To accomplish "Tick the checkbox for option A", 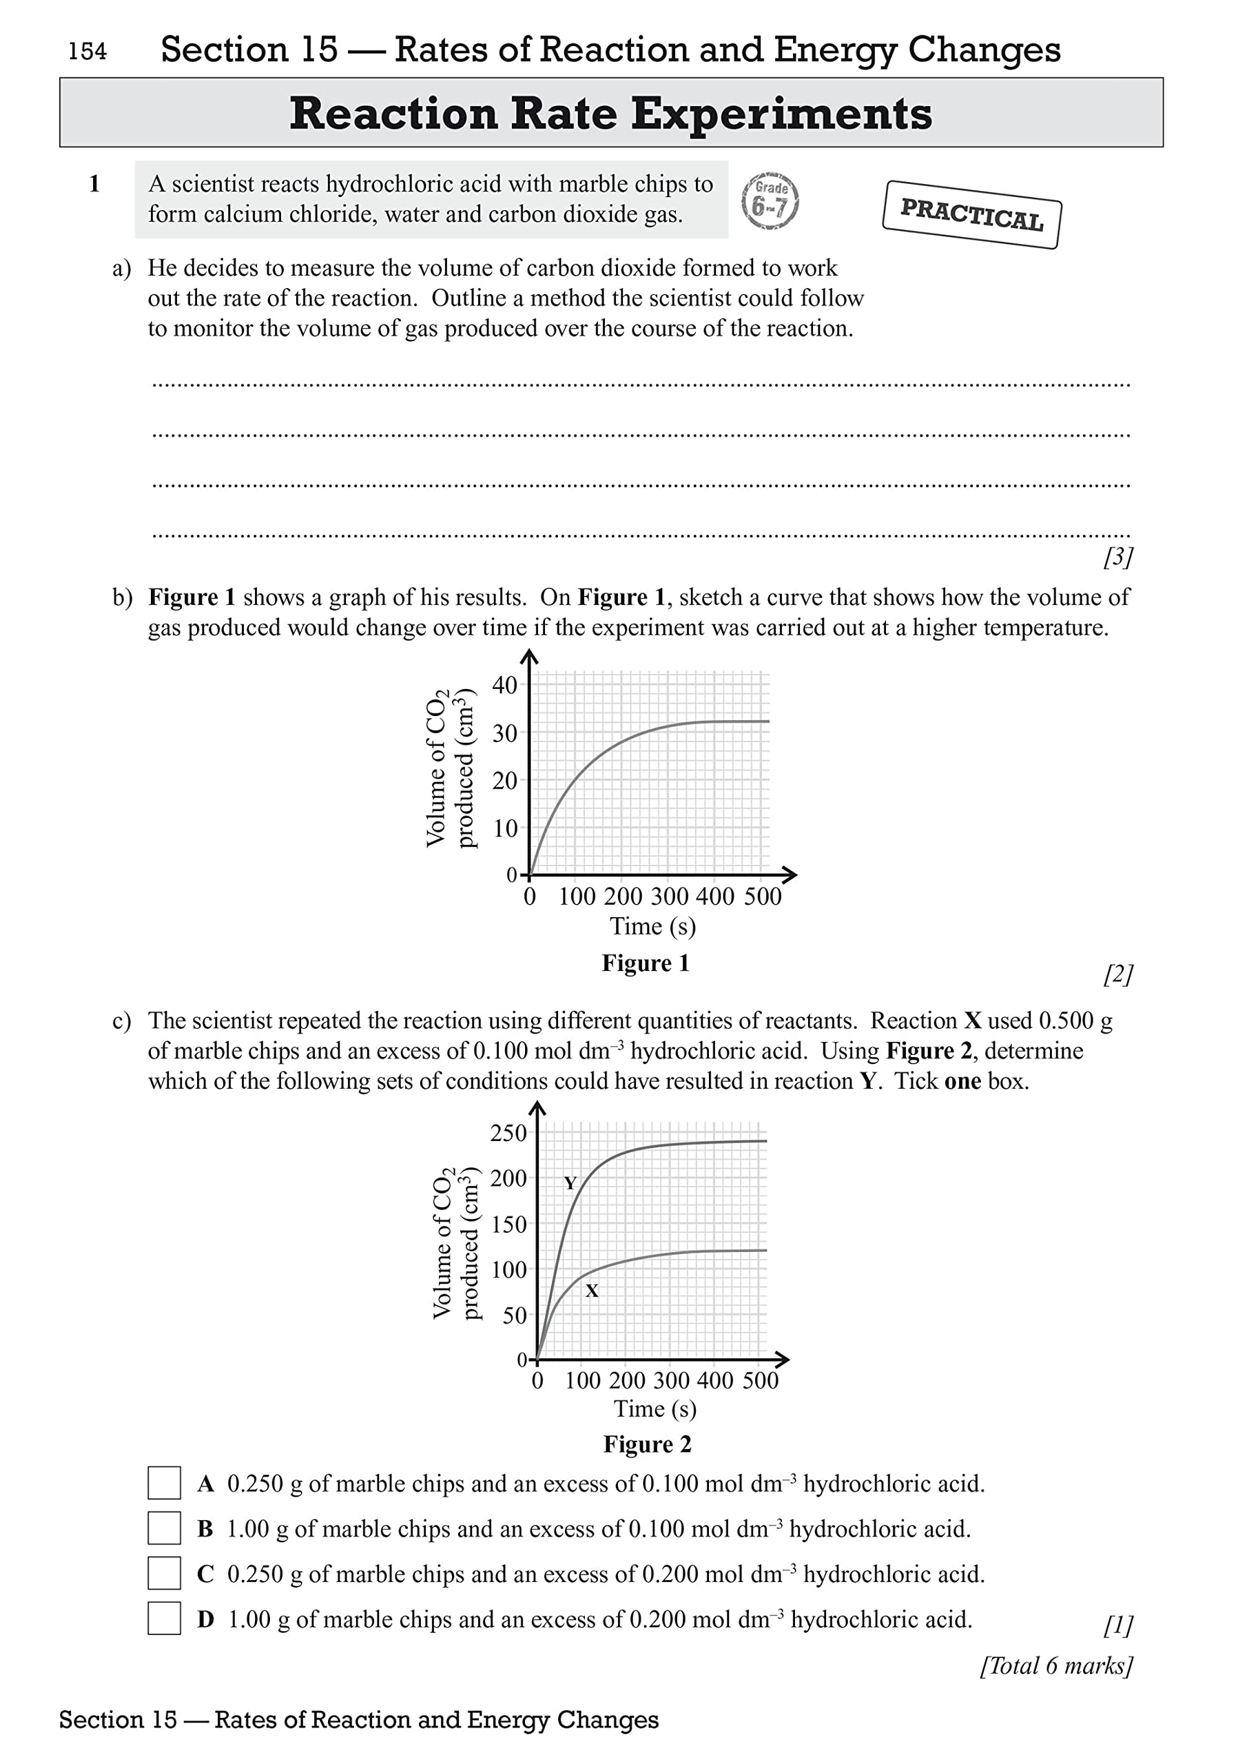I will click(164, 1483).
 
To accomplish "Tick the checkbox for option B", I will click(164, 1528).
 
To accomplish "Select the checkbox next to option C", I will click(164, 1573).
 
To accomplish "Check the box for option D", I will click(164, 1619).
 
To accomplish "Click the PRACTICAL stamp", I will click(972, 214).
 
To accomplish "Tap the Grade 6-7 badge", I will click(770, 201).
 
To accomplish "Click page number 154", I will click(87, 52).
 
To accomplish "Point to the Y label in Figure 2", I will click(569, 1183).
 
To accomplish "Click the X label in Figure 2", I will click(591, 1291).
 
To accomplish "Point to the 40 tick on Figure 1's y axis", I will click(505, 684).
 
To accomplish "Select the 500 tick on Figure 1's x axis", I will click(762, 896).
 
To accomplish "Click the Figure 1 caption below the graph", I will click(646, 963).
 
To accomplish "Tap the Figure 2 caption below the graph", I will click(647, 1444).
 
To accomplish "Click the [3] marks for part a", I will click(1118, 557).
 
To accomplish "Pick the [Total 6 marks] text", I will click(1056, 1665).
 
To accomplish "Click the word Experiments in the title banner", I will click(781, 114).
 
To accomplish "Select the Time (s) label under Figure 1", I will click(653, 927).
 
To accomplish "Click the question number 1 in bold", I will click(94, 185).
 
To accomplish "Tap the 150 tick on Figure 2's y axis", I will click(508, 1224).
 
